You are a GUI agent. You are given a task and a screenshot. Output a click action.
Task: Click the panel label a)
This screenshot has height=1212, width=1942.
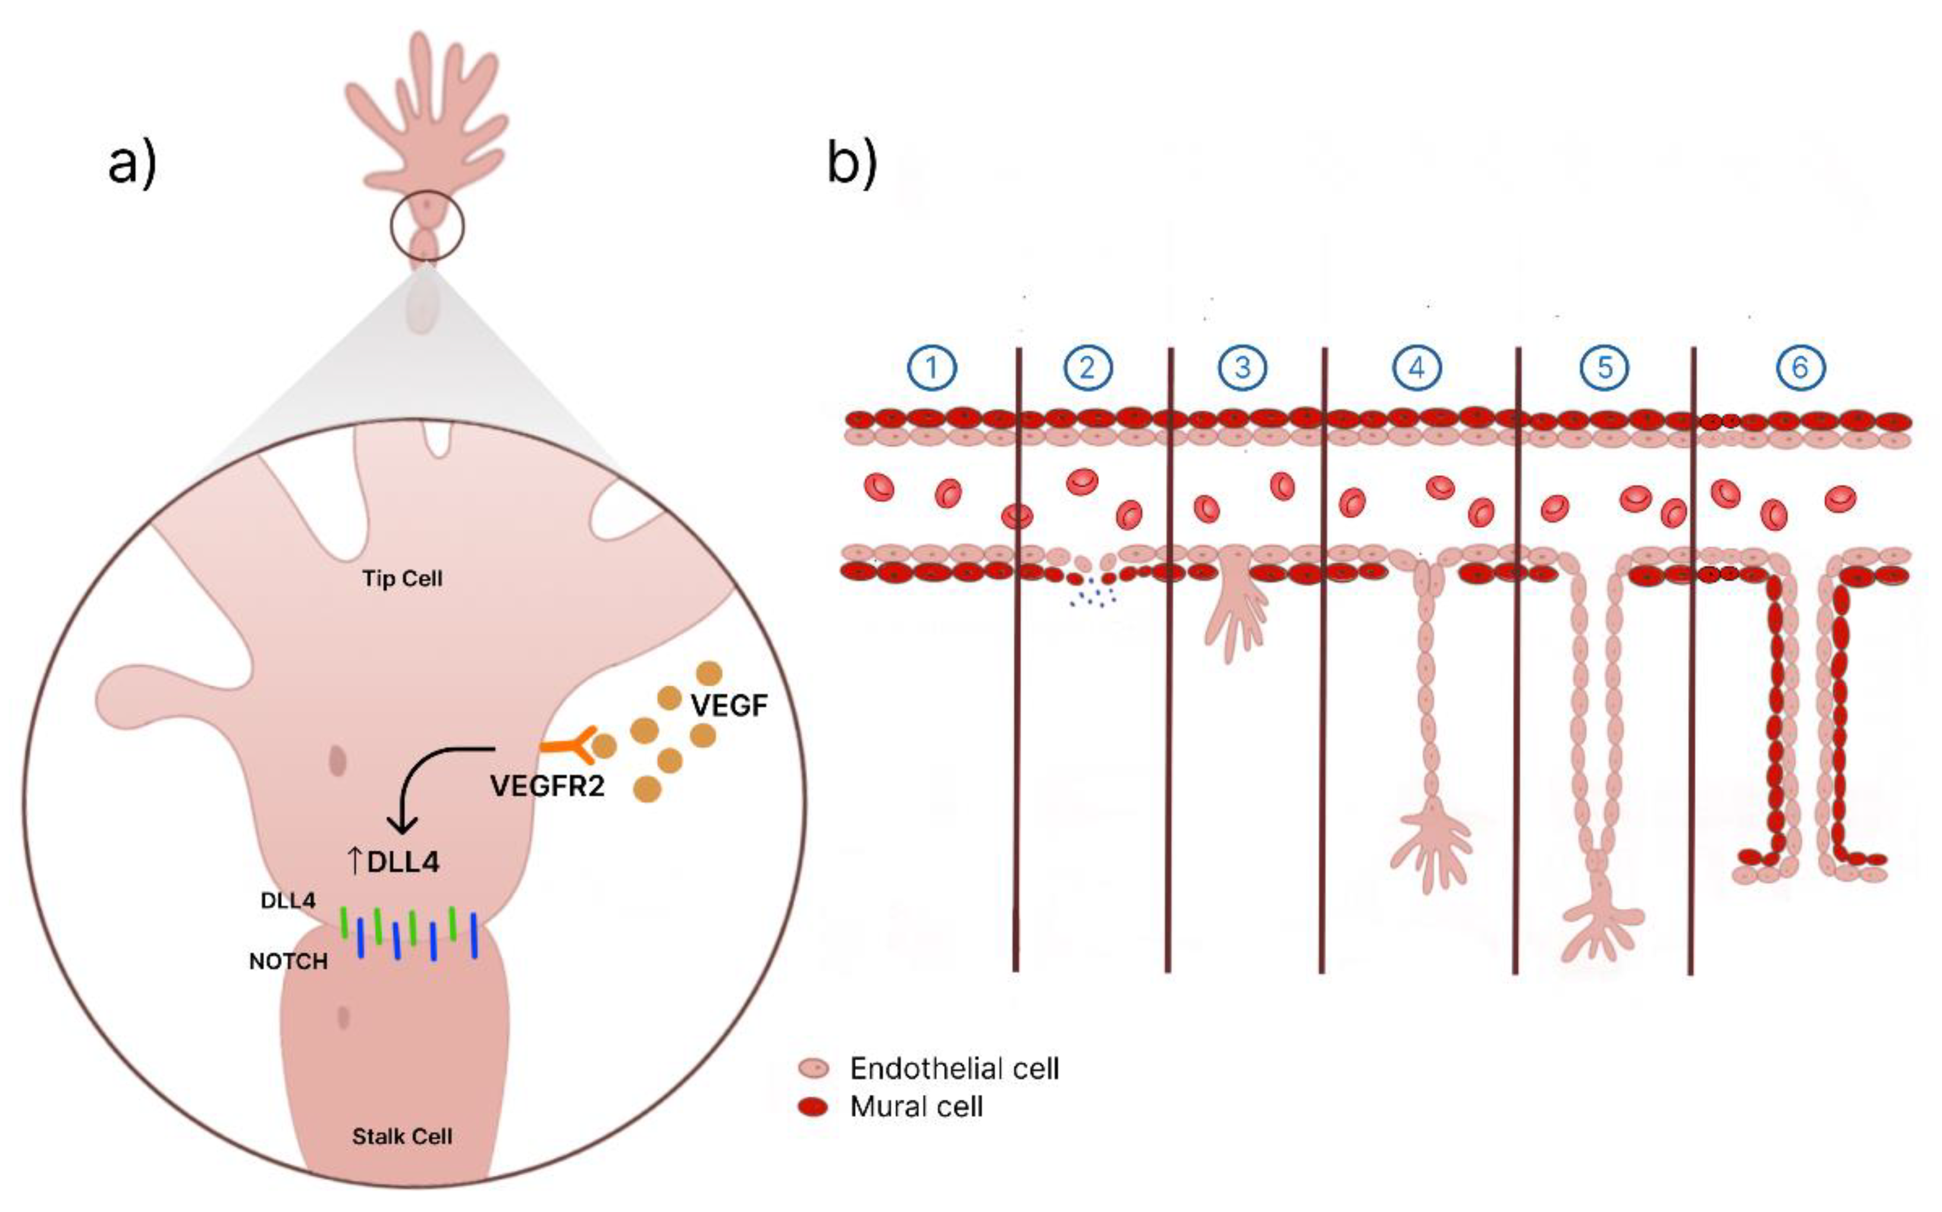(132, 164)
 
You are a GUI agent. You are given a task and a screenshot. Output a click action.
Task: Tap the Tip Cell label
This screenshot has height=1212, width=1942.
(401, 579)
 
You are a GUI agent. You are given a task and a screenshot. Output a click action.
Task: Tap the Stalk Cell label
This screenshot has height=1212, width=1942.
(401, 1136)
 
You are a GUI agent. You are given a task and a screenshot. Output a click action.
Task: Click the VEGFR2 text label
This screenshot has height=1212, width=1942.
(547, 786)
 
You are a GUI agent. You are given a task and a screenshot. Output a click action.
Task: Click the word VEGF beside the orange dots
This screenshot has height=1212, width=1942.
(729, 705)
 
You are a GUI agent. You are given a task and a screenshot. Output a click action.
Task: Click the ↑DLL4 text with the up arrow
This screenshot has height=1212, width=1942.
(393, 862)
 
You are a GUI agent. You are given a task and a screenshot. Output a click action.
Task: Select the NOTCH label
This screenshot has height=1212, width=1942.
(288, 961)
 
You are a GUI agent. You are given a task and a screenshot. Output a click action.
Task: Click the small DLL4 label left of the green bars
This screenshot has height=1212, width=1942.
(288, 900)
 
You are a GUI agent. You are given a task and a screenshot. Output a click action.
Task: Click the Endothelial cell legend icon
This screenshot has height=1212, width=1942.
(814, 1069)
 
